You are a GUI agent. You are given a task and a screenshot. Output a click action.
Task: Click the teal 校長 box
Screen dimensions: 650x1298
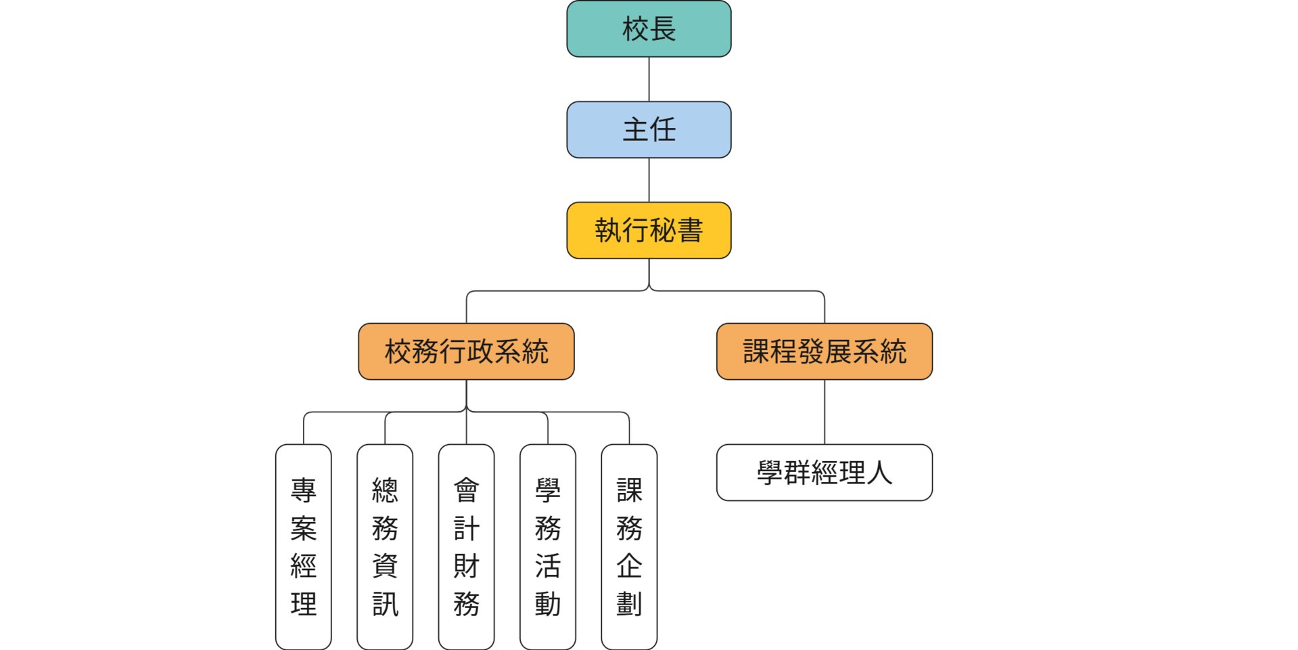649,29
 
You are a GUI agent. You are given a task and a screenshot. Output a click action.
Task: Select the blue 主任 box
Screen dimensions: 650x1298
649,130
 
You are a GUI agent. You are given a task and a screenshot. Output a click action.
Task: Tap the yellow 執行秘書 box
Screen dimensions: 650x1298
649,230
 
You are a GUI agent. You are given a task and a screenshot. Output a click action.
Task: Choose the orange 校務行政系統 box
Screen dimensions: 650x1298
466,351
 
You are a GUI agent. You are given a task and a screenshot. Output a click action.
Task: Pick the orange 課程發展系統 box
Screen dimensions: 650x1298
824,351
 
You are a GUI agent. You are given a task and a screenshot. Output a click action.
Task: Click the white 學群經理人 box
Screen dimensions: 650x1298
824,473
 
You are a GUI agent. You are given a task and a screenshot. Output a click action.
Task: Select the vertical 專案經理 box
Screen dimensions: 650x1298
303,546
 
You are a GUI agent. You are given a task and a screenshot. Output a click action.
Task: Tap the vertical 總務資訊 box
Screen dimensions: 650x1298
385,546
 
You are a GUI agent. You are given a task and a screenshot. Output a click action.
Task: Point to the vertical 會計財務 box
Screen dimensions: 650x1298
466,546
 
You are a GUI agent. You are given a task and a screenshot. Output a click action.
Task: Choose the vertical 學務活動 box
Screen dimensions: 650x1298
548,546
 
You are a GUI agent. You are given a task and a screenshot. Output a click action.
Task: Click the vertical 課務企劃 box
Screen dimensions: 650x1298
629,546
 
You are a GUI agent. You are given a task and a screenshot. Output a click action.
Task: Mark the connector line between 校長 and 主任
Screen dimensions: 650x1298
649,79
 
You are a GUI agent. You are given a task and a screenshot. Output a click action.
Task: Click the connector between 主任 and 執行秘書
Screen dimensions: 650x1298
649,180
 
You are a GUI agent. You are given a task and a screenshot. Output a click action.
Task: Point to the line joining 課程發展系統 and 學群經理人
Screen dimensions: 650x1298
824,412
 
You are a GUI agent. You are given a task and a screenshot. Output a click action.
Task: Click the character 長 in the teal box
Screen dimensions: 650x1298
663,29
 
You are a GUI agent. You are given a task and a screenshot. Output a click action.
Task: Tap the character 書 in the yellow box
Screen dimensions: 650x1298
690,230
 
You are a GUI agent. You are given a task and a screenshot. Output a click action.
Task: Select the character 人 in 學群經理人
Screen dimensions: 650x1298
879,473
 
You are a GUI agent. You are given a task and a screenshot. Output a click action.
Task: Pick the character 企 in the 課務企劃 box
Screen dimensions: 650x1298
629,566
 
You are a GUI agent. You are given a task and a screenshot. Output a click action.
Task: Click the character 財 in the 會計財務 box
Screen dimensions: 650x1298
466,566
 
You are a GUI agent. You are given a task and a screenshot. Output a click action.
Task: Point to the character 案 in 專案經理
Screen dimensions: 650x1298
303,528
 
